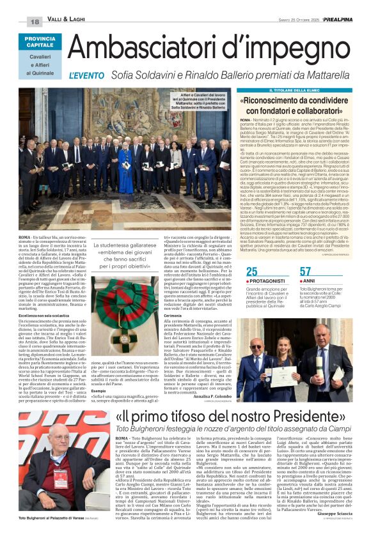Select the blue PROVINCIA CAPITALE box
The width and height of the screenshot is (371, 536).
click(x=40, y=42)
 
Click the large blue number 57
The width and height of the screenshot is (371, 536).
click(x=305, y=272)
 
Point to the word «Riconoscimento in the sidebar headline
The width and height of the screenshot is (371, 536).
click(x=276, y=101)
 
